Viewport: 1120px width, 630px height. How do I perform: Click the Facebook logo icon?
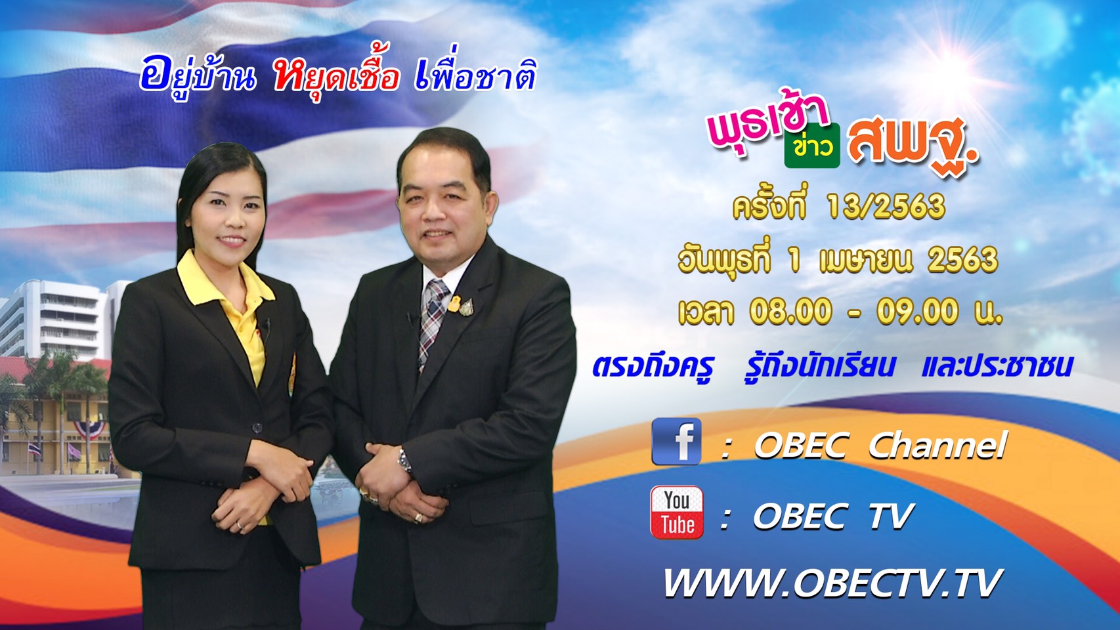[676, 442]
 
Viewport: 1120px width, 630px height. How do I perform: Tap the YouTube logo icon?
[676, 513]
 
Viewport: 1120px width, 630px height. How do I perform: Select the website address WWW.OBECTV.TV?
[832, 583]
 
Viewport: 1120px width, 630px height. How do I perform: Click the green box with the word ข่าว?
[812, 146]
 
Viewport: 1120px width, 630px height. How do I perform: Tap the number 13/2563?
[886, 207]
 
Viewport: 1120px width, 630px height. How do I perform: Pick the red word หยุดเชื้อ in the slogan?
[336, 75]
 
